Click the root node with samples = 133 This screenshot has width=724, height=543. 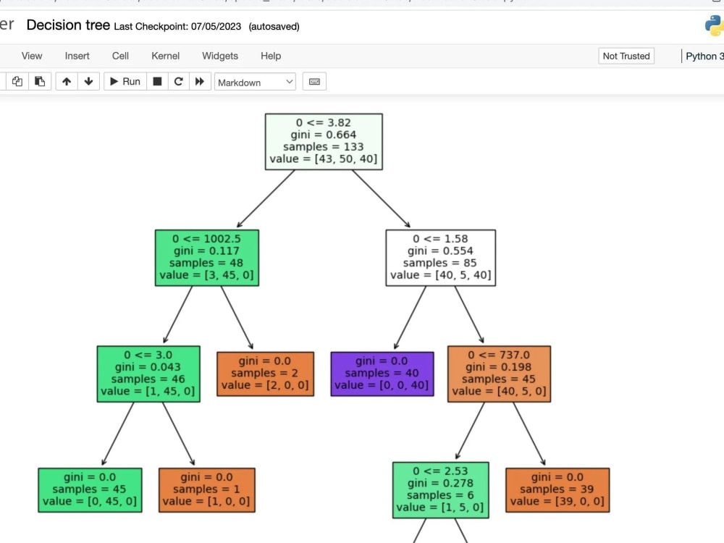tap(324, 141)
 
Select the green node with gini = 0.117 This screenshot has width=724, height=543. tap(206, 257)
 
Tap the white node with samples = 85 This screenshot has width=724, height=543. tap(440, 257)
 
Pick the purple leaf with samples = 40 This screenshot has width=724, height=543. tap(382, 374)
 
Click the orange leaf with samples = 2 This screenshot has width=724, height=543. tap(265, 374)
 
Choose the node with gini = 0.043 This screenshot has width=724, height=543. tap(148, 374)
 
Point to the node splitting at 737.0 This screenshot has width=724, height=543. tap(499, 374)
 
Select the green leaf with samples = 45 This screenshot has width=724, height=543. tap(90, 489)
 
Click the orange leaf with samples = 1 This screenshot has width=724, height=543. tap(206, 489)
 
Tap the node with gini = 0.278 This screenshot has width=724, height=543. tap(440, 489)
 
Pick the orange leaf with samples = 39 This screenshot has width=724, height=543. tap(557, 489)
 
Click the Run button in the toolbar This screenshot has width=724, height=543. tap(125, 82)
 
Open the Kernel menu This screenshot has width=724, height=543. tap(165, 56)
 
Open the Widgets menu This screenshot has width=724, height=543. tap(219, 56)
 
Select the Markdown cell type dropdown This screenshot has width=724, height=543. tap(256, 83)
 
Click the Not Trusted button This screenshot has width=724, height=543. tap(626, 56)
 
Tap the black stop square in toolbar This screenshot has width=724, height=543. tap(156, 82)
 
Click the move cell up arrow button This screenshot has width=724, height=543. tap(67, 82)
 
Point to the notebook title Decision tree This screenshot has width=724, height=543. tap(68, 25)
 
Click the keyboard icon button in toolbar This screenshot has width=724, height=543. tap(314, 82)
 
